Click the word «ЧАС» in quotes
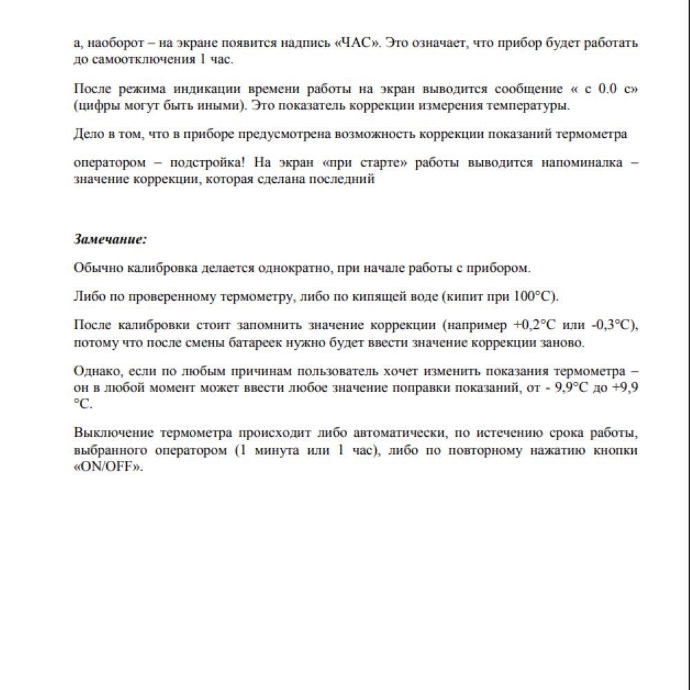click(x=357, y=43)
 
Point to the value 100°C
click(x=535, y=297)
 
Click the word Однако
click(x=94, y=372)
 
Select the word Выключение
click(x=112, y=433)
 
